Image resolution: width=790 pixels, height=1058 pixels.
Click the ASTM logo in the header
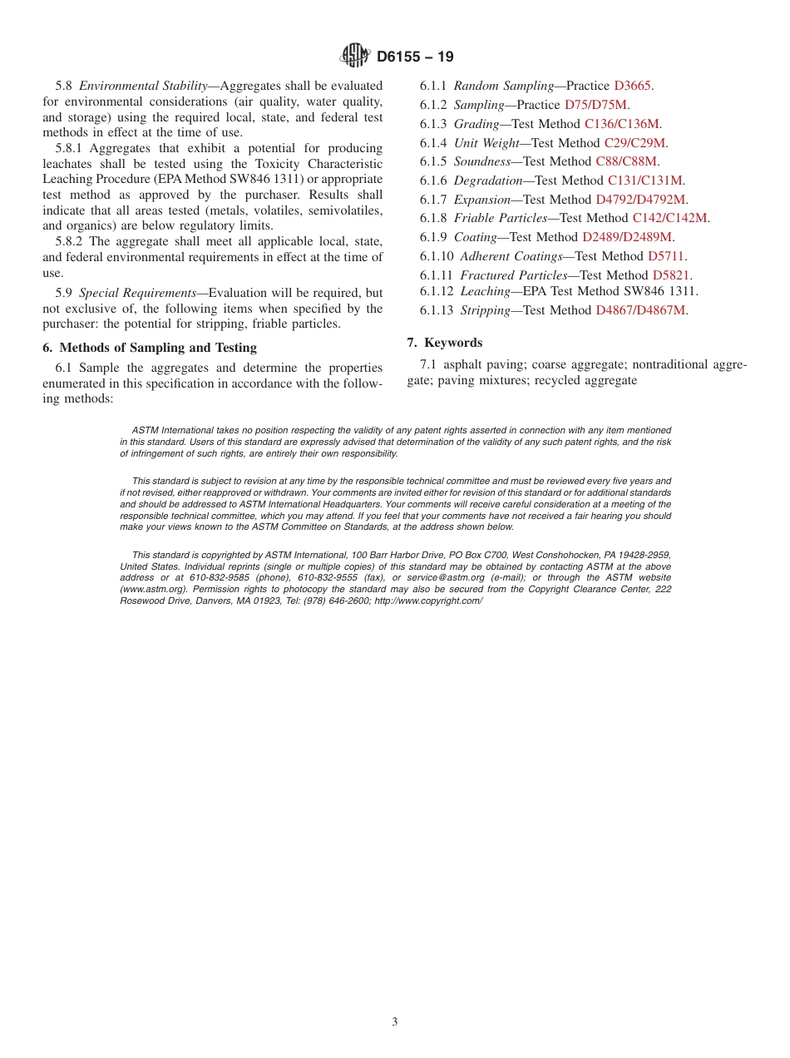click(x=355, y=57)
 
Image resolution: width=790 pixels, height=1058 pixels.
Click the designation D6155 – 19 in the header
click(x=415, y=57)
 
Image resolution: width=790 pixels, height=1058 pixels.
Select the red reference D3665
click(x=632, y=86)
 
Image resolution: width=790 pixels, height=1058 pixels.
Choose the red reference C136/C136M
click(x=622, y=124)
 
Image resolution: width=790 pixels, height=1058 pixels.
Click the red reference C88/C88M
click(x=626, y=161)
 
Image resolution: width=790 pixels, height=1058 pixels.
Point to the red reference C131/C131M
click(x=645, y=180)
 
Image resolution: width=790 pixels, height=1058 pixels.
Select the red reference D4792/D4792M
click(x=640, y=200)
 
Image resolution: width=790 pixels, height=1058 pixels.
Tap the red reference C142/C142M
click(x=669, y=218)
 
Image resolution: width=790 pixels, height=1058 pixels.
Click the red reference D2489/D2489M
click(x=626, y=237)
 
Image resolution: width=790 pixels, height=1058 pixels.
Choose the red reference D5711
click(x=667, y=256)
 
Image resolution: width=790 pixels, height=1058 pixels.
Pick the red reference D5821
click(x=671, y=275)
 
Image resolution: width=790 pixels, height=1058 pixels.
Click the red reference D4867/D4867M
click(x=640, y=310)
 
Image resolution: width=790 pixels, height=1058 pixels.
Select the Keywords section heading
click(x=452, y=343)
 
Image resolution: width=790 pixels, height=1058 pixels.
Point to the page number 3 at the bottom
click(x=395, y=1022)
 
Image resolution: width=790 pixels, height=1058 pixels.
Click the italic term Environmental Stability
click(x=142, y=86)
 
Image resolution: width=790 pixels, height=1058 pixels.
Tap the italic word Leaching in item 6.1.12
click(x=485, y=291)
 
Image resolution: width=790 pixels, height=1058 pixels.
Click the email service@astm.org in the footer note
click(x=446, y=577)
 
